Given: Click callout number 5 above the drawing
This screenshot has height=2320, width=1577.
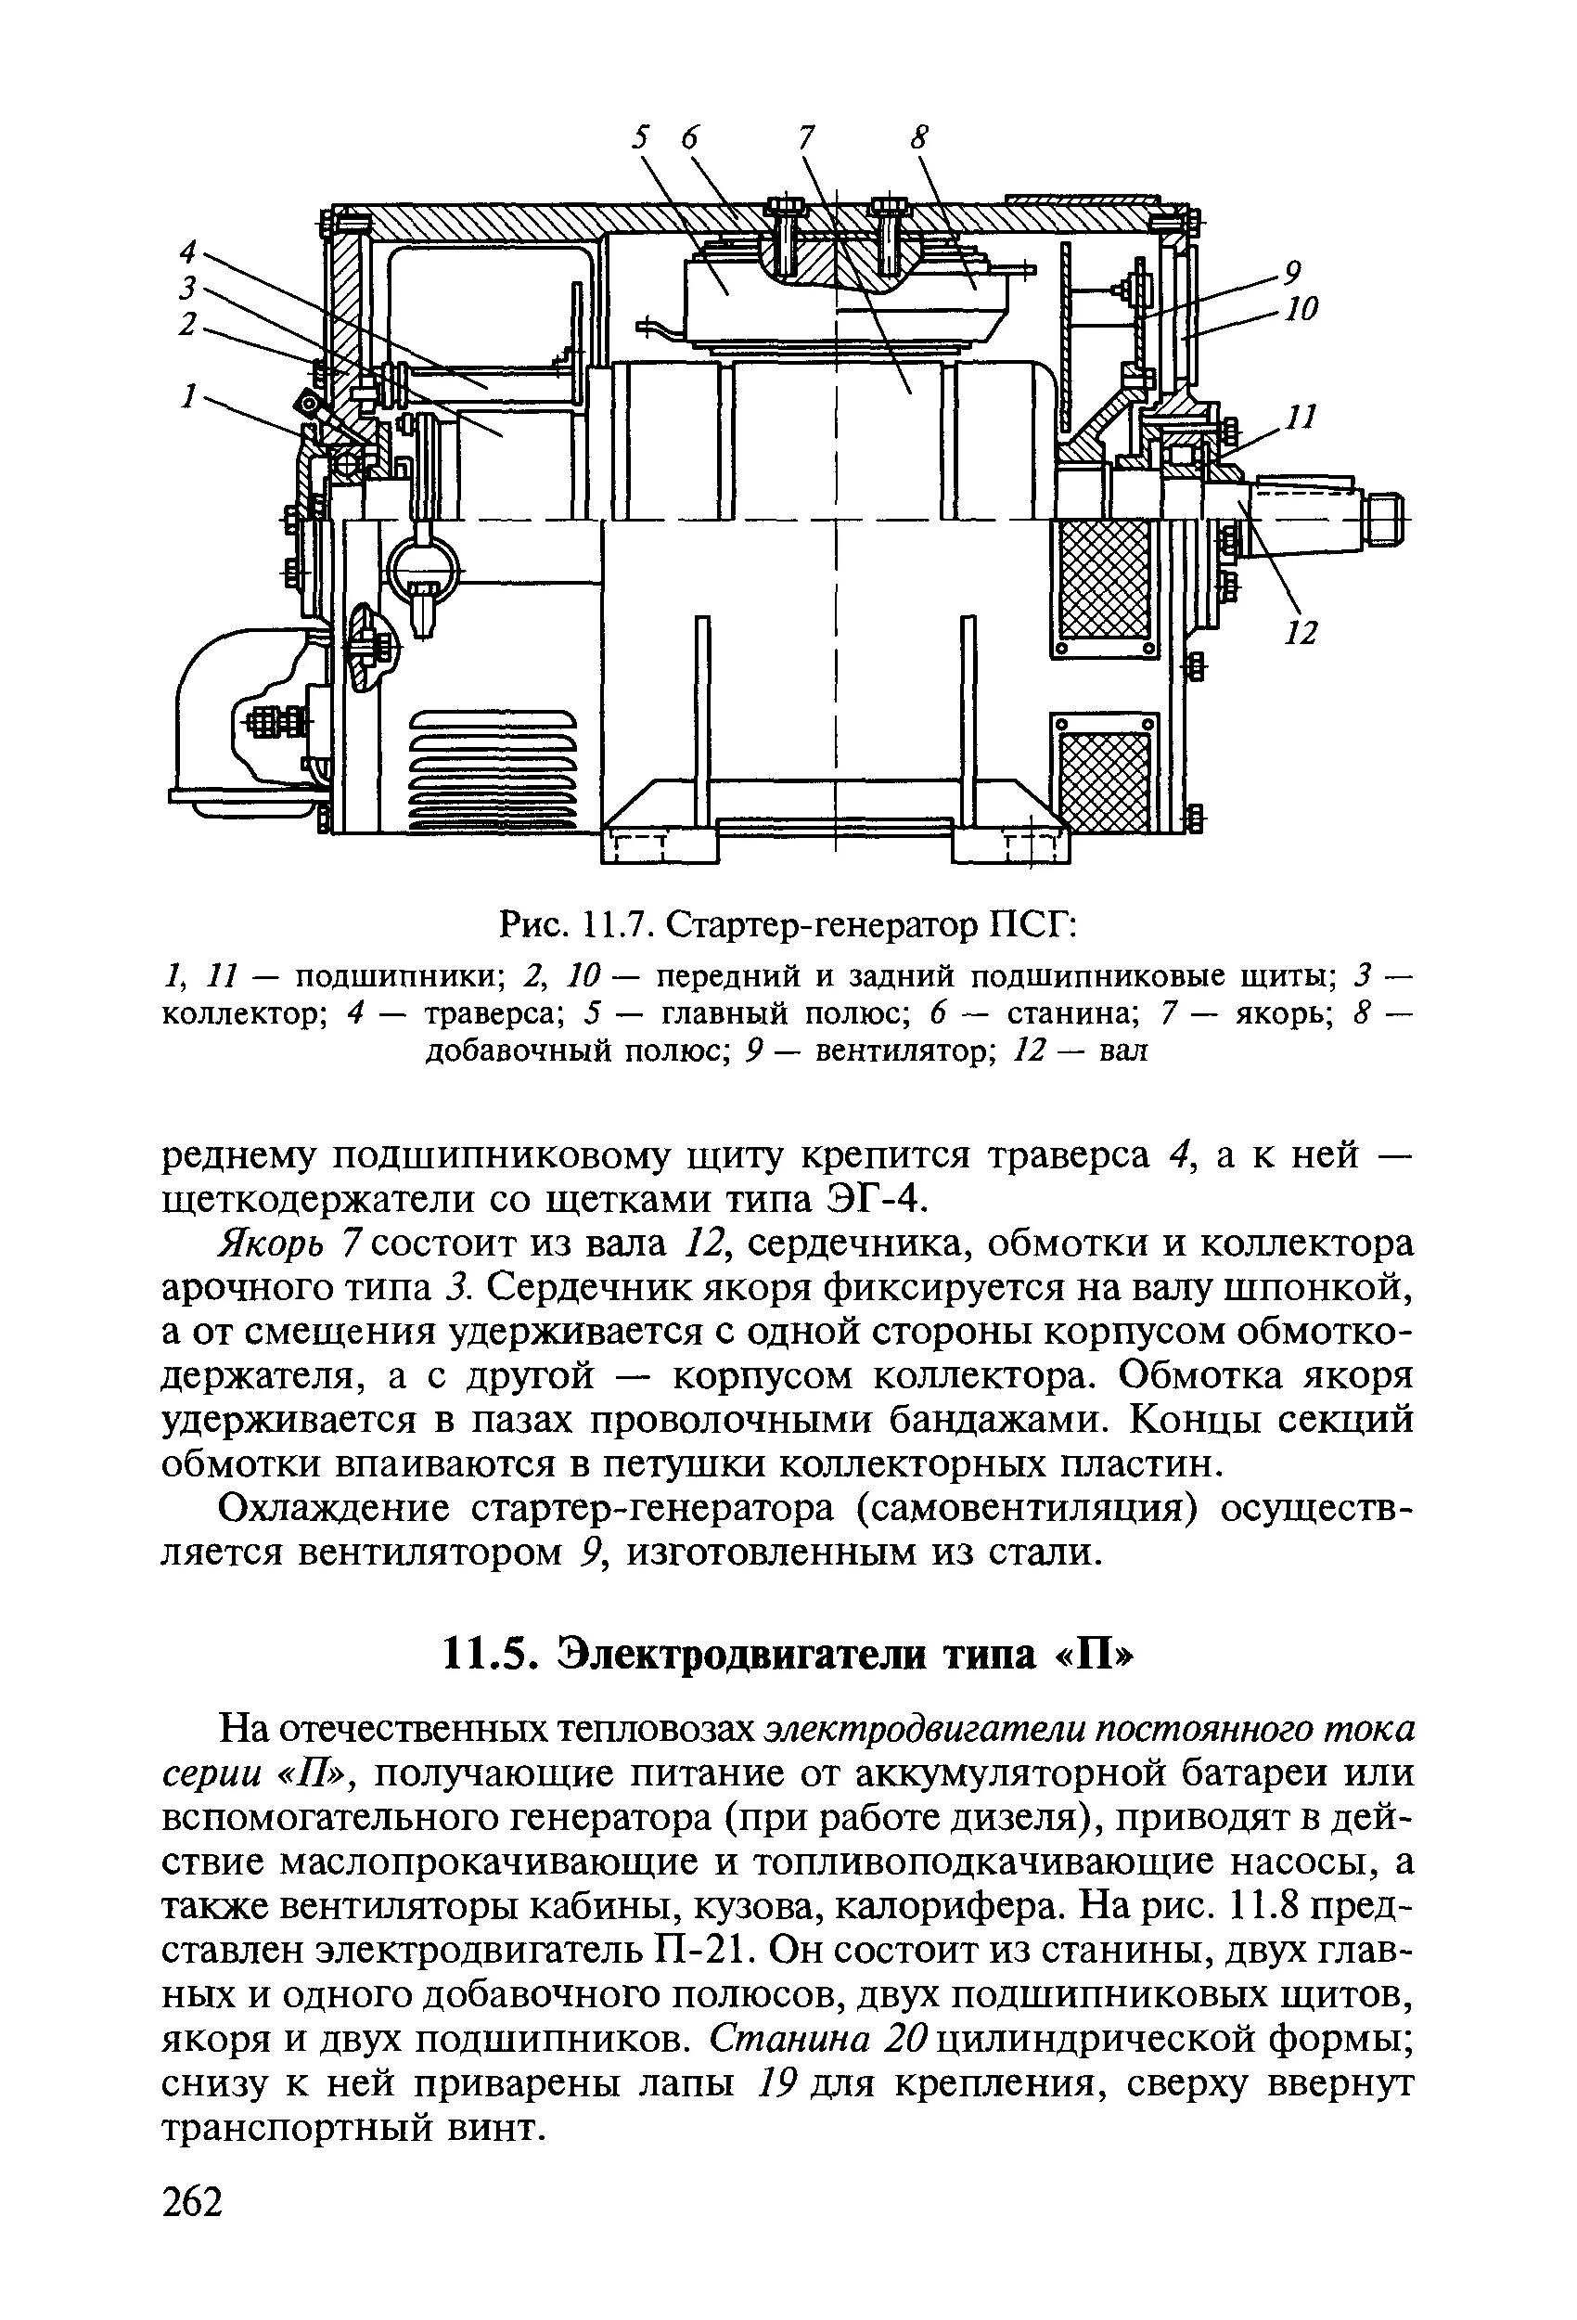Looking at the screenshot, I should point(642,136).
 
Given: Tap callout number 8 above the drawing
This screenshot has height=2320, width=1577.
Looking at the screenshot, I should point(919,136).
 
